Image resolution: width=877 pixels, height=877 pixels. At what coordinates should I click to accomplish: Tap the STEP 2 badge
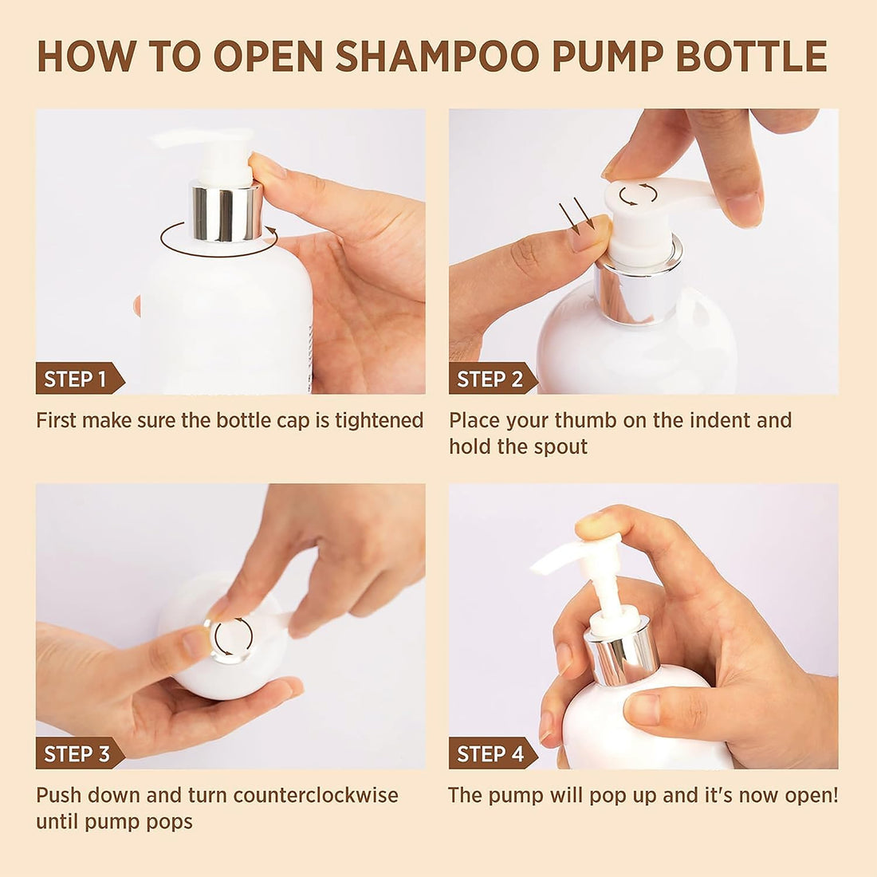[492, 379]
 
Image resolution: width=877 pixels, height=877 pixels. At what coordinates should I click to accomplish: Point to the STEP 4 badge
[492, 753]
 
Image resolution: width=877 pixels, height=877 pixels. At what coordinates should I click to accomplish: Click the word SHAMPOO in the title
[437, 56]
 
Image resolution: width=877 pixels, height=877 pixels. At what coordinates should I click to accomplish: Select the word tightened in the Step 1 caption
[380, 421]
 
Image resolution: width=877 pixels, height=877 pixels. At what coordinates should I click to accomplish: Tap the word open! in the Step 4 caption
[811, 796]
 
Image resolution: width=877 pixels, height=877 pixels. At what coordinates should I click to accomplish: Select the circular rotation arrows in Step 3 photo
[234, 636]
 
